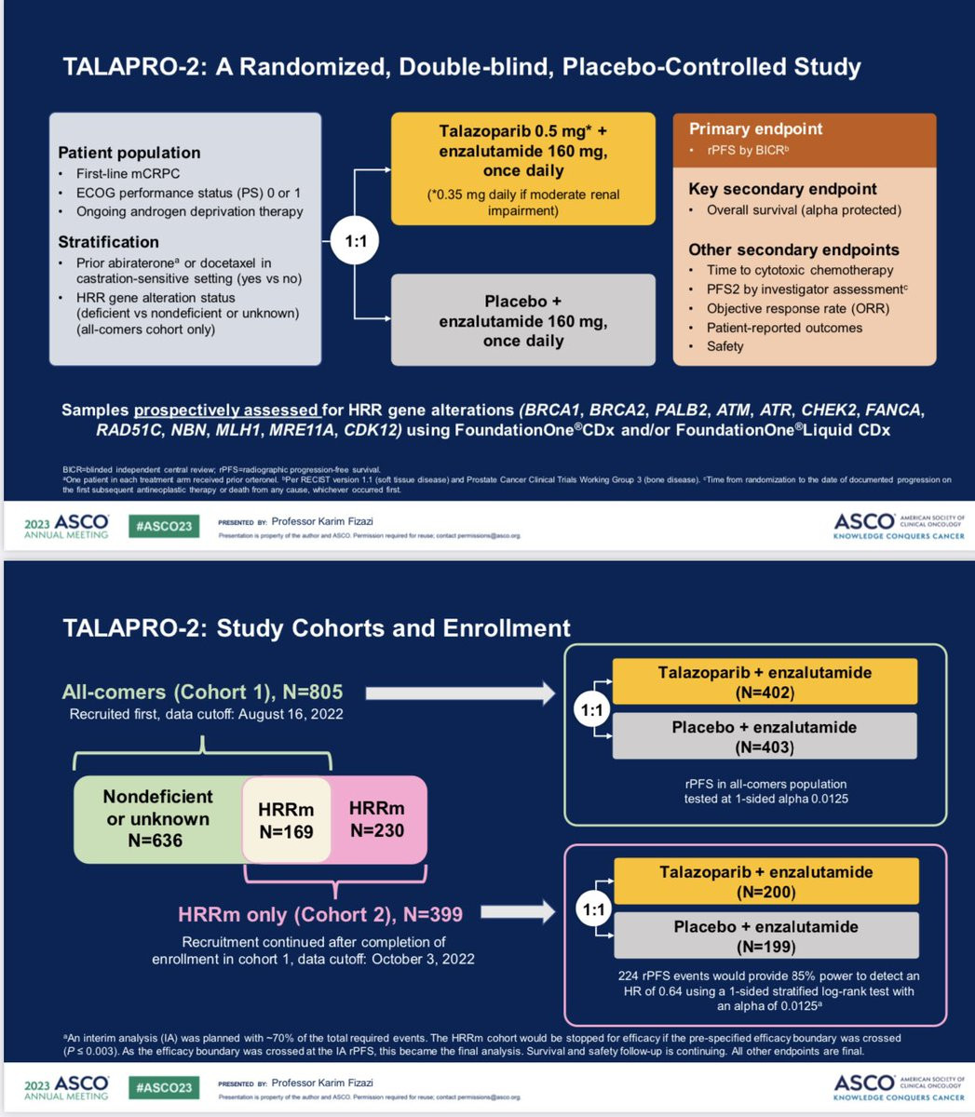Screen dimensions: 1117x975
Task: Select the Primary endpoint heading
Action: click(x=755, y=129)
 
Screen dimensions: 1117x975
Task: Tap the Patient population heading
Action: click(x=129, y=153)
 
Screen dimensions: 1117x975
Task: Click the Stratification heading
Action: click(x=108, y=242)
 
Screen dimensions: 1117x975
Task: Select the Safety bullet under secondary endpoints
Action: click(x=724, y=346)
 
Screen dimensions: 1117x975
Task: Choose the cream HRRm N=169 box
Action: click(x=286, y=820)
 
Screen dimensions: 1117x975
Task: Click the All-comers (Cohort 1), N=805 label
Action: click(x=202, y=692)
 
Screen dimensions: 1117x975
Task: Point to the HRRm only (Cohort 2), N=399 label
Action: click(x=320, y=914)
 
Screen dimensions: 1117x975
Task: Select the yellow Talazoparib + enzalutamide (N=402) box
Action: click(x=765, y=682)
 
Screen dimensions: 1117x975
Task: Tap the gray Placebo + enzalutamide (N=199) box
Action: click(x=765, y=936)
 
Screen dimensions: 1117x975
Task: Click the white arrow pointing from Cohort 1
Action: click(x=460, y=693)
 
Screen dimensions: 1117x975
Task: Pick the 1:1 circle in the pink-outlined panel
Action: click(x=592, y=910)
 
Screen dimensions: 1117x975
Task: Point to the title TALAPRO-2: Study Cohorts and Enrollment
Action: click(x=316, y=627)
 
